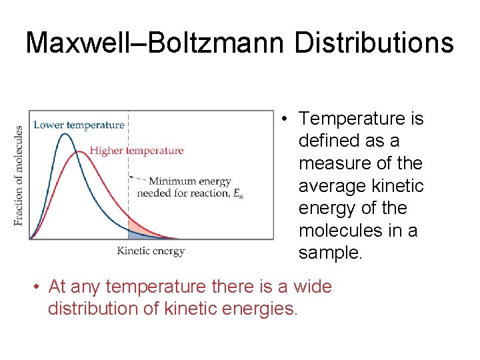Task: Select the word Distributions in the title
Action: tap(373, 43)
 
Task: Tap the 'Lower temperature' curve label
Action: tap(79, 125)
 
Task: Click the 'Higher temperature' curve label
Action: tap(137, 151)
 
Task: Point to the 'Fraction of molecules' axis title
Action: tap(19, 175)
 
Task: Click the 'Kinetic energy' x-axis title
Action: tap(151, 251)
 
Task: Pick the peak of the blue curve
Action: tap(65, 135)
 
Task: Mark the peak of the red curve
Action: tap(79, 152)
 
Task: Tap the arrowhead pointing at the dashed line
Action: tap(131, 177)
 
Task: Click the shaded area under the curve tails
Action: tap(137, 231)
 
